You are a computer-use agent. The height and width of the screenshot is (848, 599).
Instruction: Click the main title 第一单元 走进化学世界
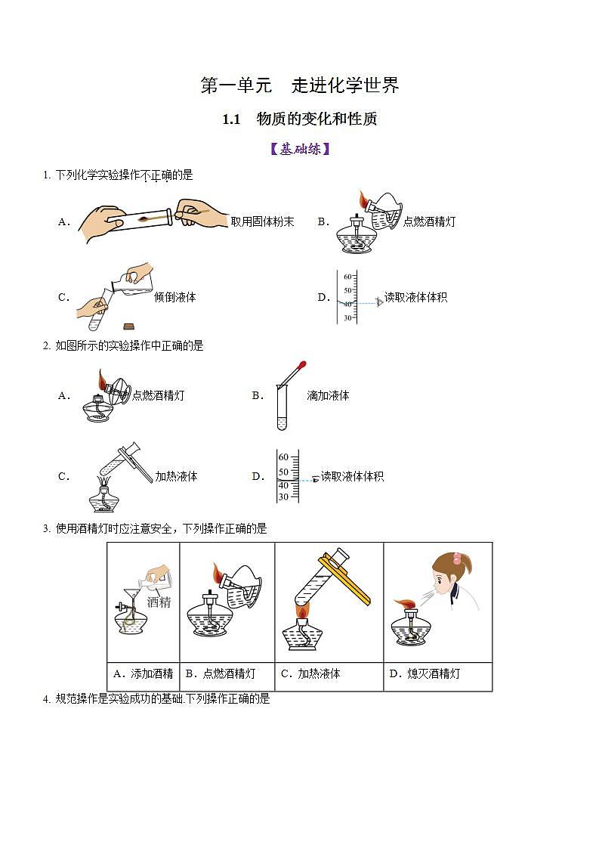(x=299, y=85)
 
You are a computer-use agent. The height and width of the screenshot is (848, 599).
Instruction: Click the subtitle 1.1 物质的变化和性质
(x=299, y=119)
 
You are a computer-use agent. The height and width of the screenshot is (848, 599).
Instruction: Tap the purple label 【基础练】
(x=299, y=149)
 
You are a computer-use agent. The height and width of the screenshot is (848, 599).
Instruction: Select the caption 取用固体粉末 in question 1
(x=262, y=221)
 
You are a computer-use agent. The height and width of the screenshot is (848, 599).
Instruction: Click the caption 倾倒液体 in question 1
(x=175, y=297)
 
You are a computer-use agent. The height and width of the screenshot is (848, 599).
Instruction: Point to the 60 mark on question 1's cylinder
(x=347, y=277)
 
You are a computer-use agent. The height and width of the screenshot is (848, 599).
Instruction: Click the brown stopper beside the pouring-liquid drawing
(x=129, y=327)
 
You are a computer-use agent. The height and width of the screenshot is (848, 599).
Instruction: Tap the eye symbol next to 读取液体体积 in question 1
(x=379, y=302)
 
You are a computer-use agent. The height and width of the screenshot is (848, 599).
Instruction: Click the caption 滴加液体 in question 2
(x=328, y=395)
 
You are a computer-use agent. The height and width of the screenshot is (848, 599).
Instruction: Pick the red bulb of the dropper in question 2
(x=302, y=365)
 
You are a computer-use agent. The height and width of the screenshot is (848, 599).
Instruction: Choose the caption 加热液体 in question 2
(x=176, y=476)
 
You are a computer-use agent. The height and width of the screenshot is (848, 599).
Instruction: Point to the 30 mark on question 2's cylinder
(x=283, y=497)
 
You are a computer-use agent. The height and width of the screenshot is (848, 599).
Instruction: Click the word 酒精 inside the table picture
(x=159, y=602)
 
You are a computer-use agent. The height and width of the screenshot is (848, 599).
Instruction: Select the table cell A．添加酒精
(x=143, y=673)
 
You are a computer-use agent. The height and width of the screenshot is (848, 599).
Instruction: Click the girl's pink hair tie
(x=457, y=559)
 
